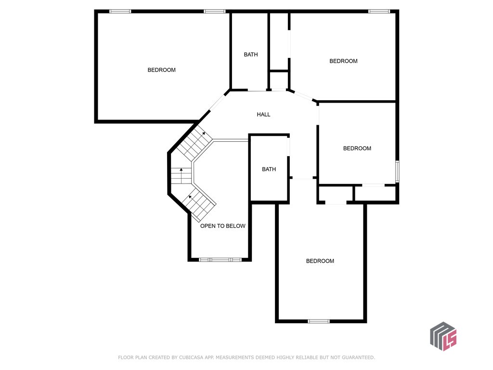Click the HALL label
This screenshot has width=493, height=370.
tap(263, 114)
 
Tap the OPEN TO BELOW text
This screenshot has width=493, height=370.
tap(222, 226)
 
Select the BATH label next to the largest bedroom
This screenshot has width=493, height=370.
tap(250, 54)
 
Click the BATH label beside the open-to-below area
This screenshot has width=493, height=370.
tap(269, 169)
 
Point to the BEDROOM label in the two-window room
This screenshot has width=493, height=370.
tap(161, 70)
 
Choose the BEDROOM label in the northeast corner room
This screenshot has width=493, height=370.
tap(343, 61)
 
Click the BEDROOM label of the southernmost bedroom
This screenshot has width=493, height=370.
tap(320, 261)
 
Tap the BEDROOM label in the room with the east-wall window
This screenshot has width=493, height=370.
tap(357, 148)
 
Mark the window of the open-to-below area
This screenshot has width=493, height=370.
tap(220, 260)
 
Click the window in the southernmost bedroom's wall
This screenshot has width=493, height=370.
tap(319, 321)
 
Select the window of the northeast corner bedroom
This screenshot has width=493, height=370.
tap(379, 11)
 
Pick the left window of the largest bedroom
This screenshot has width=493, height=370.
tap(120, 11)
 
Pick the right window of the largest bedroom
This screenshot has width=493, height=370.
tap(215, 11)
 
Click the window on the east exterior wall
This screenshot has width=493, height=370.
tap(397, 172)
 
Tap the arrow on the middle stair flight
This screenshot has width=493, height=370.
tap(181, 170)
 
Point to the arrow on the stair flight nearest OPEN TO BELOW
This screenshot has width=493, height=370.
tap(191, 196)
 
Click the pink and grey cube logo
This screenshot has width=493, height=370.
tap(442, 336)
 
